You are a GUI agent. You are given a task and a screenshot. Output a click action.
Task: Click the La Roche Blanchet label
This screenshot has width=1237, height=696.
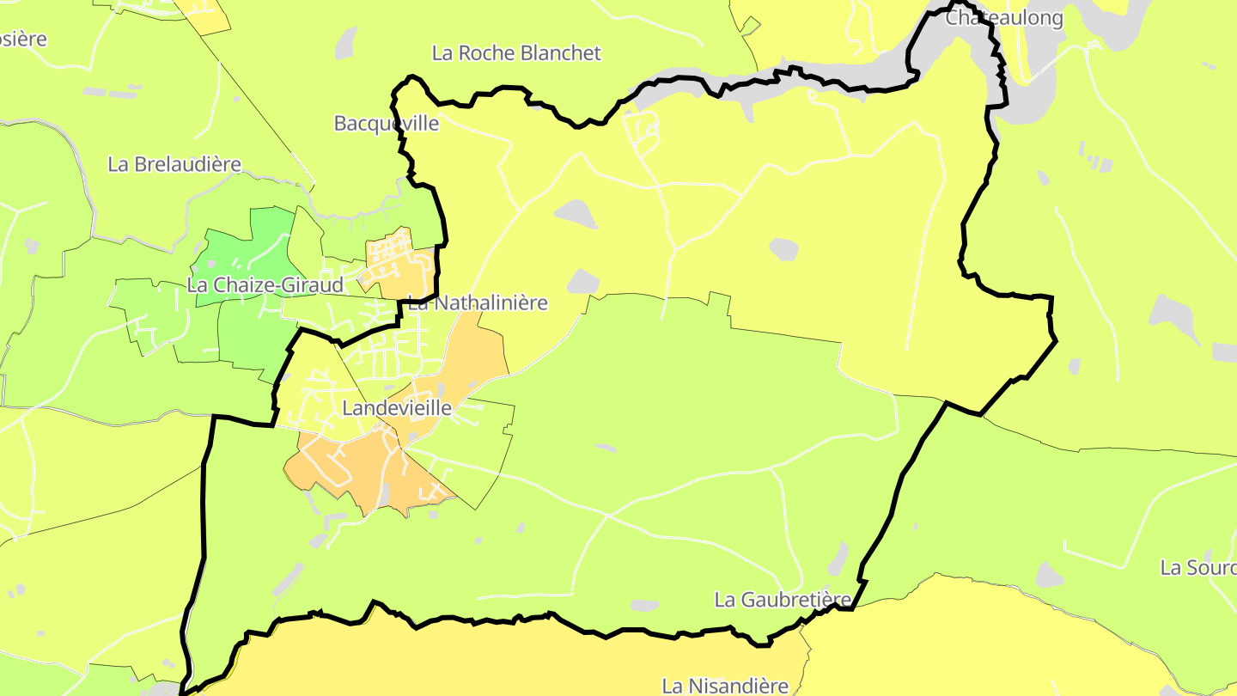[x=516, y=53]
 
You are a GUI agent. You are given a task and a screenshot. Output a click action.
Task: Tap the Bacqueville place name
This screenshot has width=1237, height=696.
[x=386, y=124]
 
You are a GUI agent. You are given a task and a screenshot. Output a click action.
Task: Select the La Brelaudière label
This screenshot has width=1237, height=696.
[x=174, y=164]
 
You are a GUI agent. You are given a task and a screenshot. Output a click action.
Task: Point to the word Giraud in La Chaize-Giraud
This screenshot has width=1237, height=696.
[x=314, y=285]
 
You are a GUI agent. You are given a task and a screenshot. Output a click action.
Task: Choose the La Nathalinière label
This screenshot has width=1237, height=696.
[x=478, y=303]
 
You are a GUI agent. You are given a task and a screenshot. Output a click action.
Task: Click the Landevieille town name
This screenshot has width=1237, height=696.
[x=396, y=408]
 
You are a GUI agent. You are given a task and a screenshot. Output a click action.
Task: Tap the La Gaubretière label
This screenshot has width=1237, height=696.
[x=783, y=600]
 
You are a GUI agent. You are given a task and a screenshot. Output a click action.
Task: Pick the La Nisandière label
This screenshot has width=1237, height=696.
[x=725, y=686]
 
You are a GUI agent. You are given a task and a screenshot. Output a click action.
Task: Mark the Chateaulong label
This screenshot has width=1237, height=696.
[x=1004, y=18]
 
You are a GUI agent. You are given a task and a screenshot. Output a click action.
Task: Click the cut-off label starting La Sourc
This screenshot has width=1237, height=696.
[x=1198, y=568]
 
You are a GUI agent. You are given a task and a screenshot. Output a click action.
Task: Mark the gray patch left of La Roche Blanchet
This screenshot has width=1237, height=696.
[x=346, y=43]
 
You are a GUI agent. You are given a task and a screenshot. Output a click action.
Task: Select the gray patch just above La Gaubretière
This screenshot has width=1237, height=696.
[x=838, y=559]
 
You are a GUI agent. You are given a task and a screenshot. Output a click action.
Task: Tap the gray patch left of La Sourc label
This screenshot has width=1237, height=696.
[x=1049, y=575]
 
